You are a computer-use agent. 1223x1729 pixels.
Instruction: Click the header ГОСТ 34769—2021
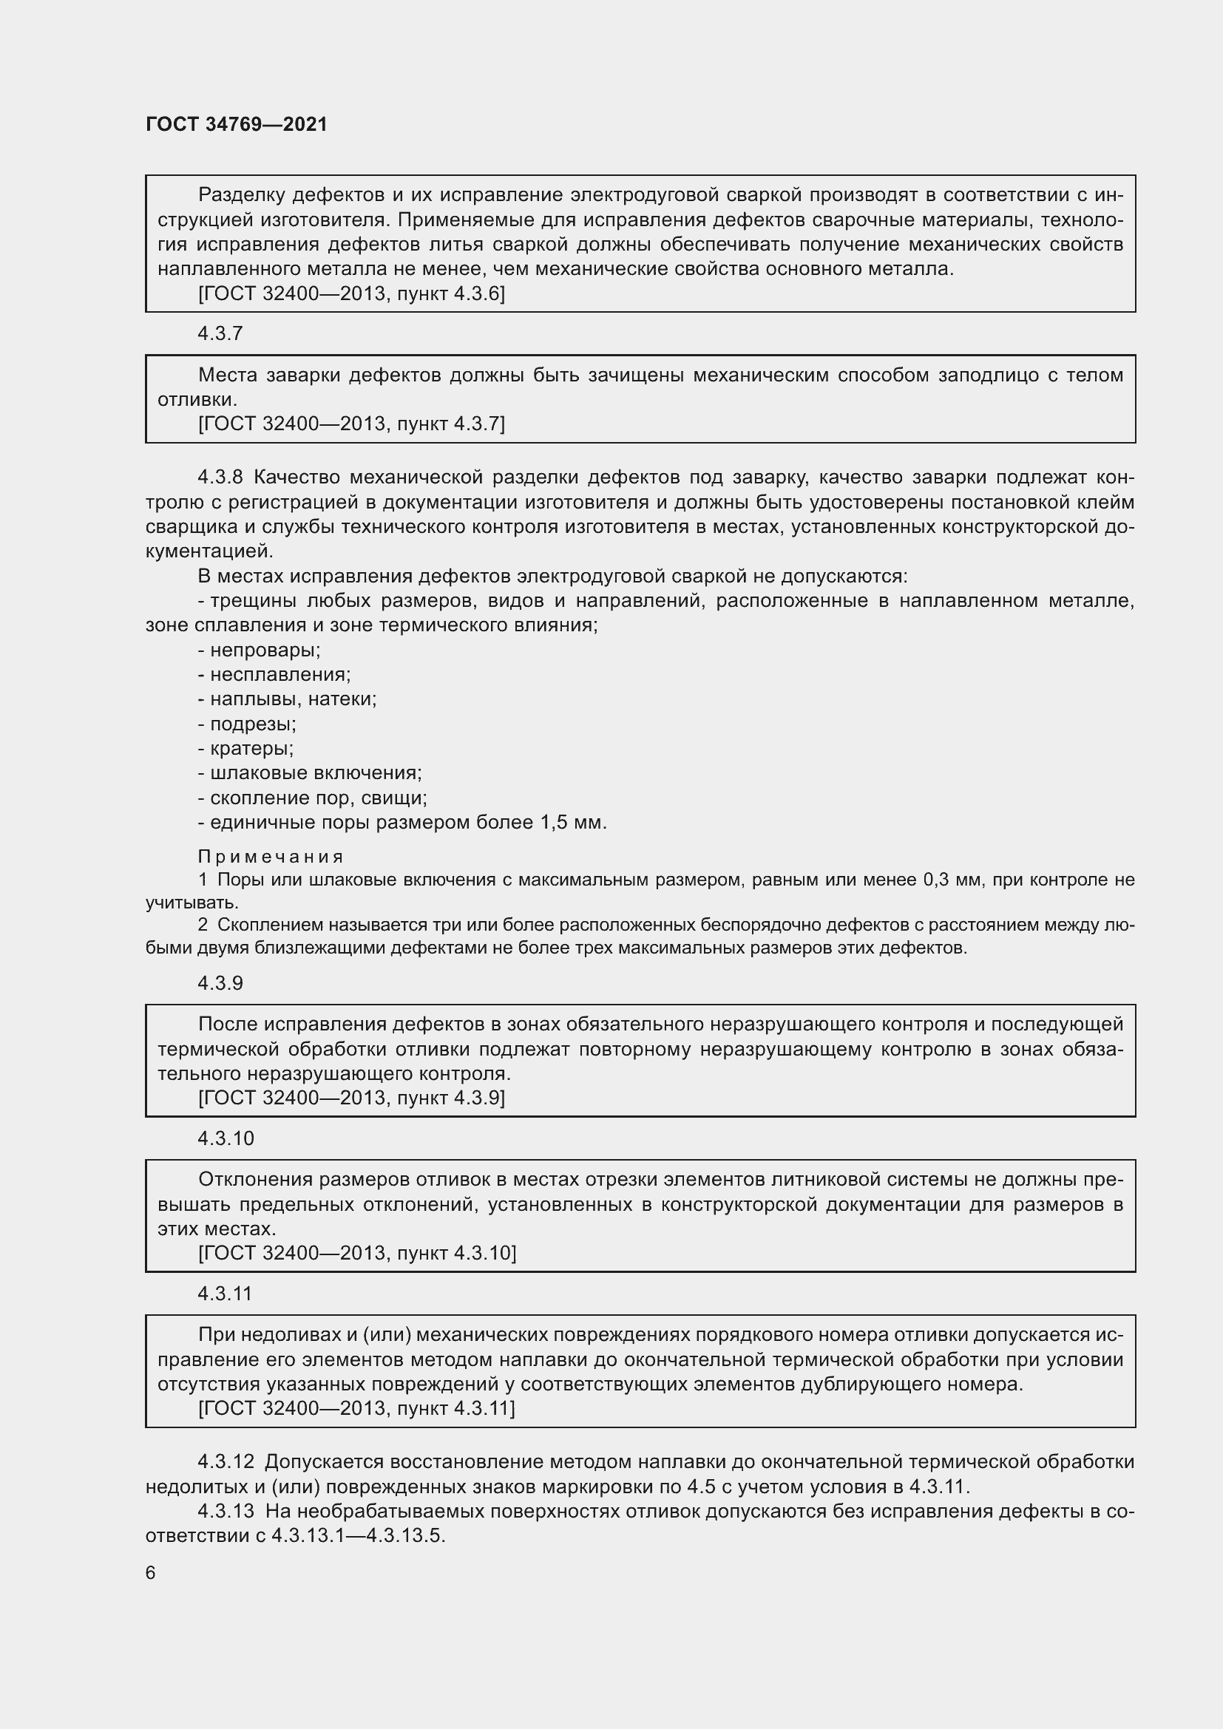237,124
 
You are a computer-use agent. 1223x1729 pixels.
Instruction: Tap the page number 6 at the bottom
151,1572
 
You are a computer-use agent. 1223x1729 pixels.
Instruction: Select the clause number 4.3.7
220,333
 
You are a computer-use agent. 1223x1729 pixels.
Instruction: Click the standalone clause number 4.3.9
220,982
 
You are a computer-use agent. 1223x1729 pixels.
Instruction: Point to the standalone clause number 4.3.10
226,1138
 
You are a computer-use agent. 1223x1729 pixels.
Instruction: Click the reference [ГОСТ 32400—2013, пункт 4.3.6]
351,293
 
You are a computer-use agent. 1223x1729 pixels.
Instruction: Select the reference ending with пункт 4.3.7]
351,424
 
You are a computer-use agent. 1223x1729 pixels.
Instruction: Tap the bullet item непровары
264,650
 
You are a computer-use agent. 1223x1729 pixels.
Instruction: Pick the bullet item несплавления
280,674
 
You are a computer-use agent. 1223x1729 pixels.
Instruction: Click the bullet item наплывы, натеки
292,699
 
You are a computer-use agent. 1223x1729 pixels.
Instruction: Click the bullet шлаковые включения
315,772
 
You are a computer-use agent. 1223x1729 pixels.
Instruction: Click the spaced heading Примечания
271,856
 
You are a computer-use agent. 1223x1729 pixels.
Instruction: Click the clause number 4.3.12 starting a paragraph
226,1461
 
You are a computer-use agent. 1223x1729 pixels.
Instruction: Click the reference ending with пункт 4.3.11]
356,1408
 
